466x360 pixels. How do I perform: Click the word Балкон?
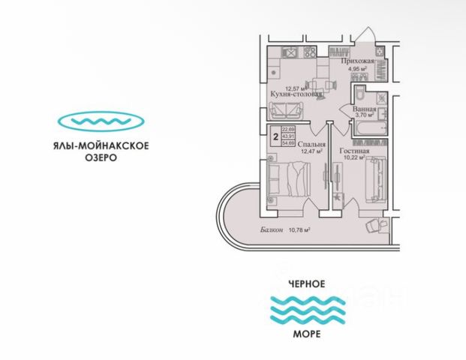pyautogui.click(x=273, y=230)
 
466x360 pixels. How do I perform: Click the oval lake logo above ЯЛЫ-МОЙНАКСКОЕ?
pyautogui.click(x=101, y=121)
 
